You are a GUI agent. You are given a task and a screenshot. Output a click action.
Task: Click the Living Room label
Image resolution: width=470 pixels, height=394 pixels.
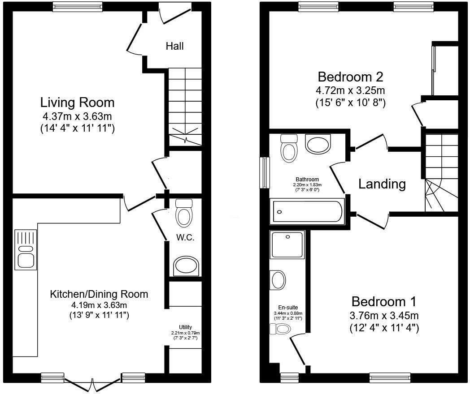point(78,103)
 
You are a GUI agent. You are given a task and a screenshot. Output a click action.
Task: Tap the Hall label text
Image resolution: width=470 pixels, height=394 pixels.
point(174,46)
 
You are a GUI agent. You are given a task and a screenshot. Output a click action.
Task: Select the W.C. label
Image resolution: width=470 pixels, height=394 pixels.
point(185,238)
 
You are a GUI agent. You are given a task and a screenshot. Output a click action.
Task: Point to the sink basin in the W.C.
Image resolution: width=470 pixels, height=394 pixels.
point(185,266)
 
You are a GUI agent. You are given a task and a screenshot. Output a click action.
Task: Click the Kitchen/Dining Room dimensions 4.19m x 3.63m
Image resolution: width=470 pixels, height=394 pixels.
point(99,305)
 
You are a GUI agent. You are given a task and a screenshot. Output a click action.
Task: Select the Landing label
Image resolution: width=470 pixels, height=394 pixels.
point(382,184)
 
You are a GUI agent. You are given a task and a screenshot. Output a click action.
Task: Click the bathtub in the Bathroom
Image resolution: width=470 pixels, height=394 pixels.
point(308,213)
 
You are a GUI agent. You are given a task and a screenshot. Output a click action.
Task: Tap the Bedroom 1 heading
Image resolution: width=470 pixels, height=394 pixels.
point(384,301)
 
